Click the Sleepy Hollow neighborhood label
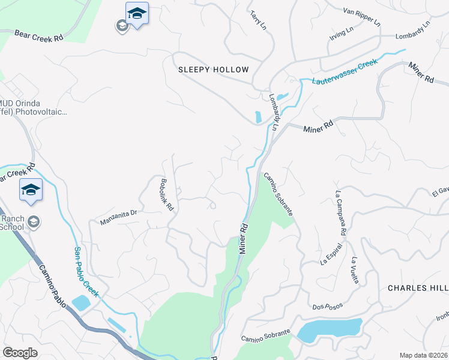point(213,70)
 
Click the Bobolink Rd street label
point(167,194)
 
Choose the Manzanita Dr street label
point(119,217)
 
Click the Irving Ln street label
point(342,32)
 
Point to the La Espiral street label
point(331,254)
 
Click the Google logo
point(20,353)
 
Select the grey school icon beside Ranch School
point(34,222)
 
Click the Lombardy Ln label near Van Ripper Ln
point(413,32)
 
